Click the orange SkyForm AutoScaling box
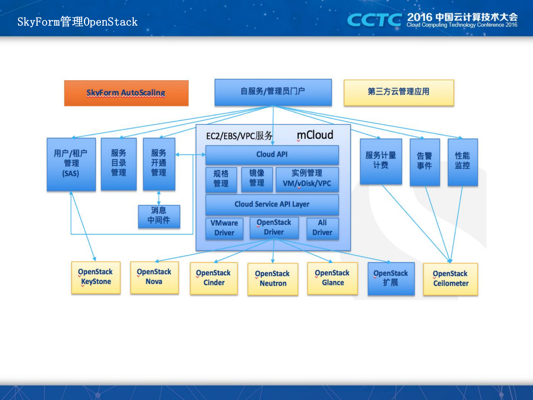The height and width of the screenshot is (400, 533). (x=126, y=93)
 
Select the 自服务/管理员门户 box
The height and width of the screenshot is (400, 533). (x=273, y=92)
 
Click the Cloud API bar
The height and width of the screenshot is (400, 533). (x=272, y=155)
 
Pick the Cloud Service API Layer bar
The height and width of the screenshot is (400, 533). (x=272, y=205)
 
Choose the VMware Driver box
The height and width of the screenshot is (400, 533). (x=224, y=228)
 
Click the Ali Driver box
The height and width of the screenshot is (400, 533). (x=322, y=228)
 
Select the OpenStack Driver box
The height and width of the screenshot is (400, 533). (x=274, y=228)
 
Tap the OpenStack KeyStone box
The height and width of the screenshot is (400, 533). (x=96, y=277)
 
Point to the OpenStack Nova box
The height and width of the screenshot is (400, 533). (x=154, y=277)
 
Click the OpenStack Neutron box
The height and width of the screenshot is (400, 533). (x=272, y=279)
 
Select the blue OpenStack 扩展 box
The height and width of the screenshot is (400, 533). (x=391, y=278)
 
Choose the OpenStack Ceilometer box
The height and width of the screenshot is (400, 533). (x=450, y=279)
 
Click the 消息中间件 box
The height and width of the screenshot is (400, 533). (x=159, y=216)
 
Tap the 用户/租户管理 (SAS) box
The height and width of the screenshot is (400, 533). (x=71, y=164)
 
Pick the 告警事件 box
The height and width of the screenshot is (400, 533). (x=424, y=162)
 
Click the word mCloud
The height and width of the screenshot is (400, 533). (x=315, y=135)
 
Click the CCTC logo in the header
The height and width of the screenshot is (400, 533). (x=374, y=20)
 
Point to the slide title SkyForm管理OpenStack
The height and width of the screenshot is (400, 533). (x=77, y=22)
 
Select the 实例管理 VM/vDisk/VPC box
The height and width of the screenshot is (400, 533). (x=307, y=179)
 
